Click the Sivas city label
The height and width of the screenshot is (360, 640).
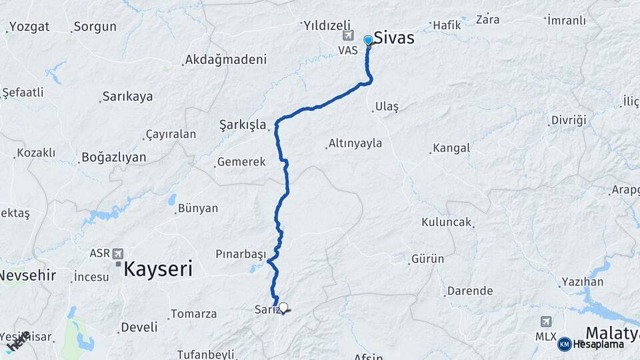point(393,38)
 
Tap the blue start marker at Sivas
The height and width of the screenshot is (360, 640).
point(368,40)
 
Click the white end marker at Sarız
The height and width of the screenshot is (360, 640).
point(283,307)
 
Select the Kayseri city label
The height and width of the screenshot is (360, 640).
point(158,269)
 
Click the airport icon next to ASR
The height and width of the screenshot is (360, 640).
point(118,253)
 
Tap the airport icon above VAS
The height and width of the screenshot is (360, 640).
point(347,36)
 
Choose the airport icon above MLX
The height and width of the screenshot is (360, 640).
point(546,322)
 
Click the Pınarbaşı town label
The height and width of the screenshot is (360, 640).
point(241,254)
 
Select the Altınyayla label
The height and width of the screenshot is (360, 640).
point(355,143)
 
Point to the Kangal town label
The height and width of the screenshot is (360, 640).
point(451,148)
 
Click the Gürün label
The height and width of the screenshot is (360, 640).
point(427,259)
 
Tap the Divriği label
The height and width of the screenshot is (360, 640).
point(568,121)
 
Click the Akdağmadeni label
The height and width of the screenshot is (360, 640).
point(225,59)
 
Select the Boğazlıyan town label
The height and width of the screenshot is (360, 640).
point(113,157)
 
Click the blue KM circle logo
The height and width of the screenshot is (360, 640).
point(564,344)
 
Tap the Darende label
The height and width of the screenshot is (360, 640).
point(469,291)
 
